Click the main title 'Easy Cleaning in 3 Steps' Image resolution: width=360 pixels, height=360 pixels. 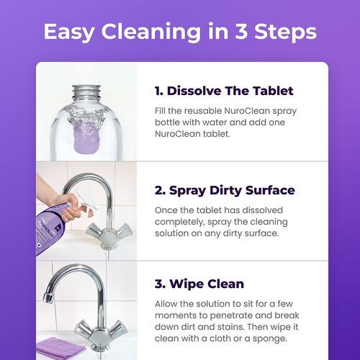[x=179, y=32]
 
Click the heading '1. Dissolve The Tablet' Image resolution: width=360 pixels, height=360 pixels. [x=223, y=91]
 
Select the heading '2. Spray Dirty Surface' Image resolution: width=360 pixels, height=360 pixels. [x=225, y=191]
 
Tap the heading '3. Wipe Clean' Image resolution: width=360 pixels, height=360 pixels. [x=199, y=284]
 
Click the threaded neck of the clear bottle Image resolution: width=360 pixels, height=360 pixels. [x=89, y=91]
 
